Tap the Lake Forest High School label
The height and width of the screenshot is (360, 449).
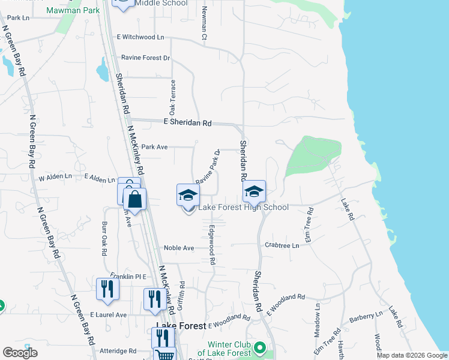243,207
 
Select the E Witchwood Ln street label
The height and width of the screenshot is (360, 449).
140,37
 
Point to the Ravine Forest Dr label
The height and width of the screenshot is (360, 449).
146,58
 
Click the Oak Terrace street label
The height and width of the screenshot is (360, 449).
172,98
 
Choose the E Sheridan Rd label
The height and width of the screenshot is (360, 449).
188,122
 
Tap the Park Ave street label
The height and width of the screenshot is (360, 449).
154,146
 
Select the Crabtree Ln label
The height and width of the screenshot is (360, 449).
282,245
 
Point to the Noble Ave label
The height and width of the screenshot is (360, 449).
179,248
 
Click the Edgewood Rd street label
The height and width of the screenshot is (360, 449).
212,245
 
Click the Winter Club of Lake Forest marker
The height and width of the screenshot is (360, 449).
260,347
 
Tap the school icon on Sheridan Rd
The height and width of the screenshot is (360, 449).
254,192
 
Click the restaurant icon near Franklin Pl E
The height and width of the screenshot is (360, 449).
107,289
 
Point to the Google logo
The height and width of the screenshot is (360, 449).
20,353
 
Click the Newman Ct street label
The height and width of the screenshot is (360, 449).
204,25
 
